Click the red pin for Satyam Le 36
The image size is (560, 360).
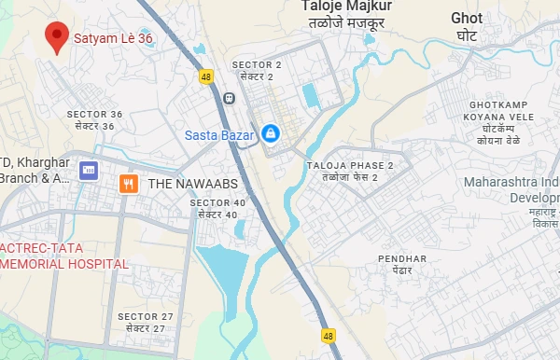(x=59, y=35)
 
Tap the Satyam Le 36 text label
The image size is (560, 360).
(x=113, y=39)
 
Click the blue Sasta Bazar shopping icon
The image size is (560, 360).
(x=270, y=133)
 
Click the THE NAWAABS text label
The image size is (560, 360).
(x=186, y=185)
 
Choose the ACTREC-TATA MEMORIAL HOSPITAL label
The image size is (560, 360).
(x=63, y=256)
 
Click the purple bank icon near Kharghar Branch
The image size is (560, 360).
(x=89, y=171)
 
